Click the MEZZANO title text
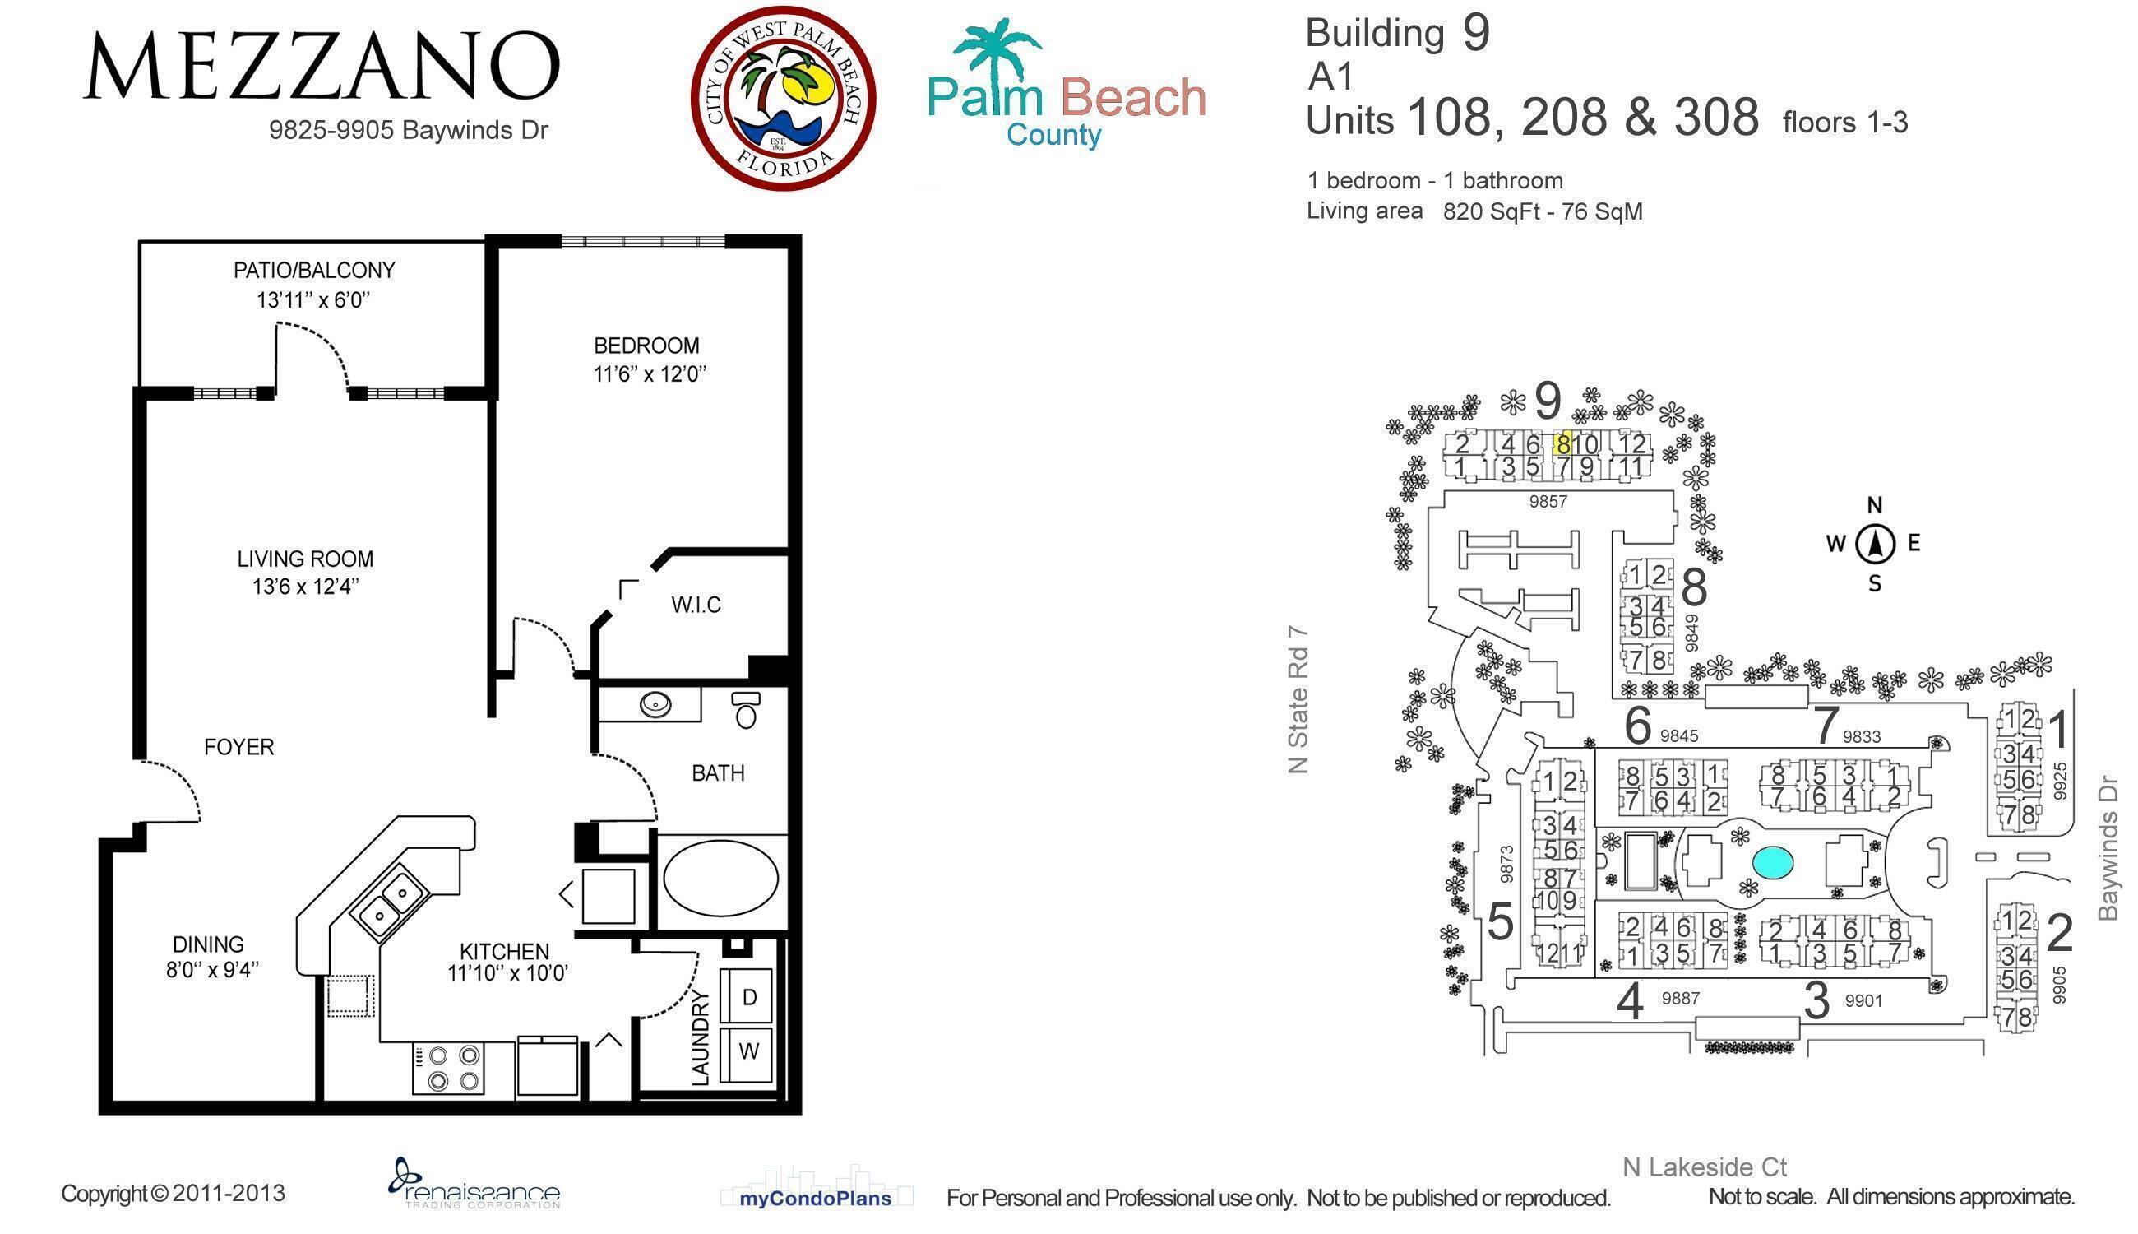(322, 66)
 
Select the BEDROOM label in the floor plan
(647, 345)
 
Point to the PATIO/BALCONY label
(314, 271)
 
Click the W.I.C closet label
(696, 605)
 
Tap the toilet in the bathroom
(745, 710)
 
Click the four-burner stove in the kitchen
(449, 1068)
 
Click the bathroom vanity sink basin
(655, 704)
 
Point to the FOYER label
(238, 747)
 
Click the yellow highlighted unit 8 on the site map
(1563, 443)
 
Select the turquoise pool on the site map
(1772, 863)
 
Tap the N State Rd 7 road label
(1298, 700)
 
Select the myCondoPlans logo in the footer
(816, 1198)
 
